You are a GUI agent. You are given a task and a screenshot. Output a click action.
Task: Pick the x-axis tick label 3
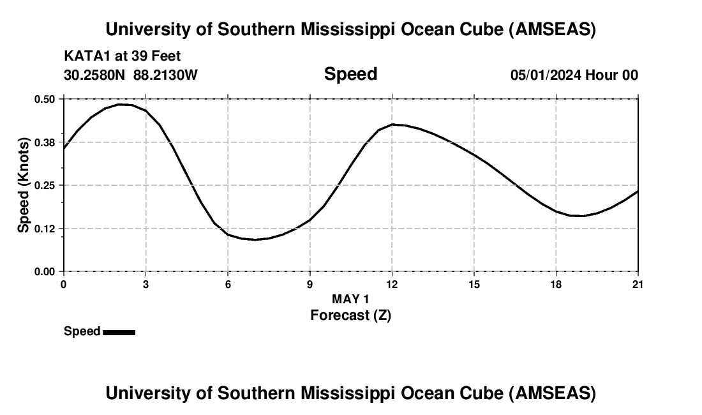tap(146, 283)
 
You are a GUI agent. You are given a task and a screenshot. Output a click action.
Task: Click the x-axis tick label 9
tap(310, 283)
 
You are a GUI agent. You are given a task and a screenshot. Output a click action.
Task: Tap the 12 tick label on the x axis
tap(392, 283)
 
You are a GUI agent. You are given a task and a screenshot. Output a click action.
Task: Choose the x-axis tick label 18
tap(556, 283)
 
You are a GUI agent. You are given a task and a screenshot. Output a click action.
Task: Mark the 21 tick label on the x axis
tap(638, 283)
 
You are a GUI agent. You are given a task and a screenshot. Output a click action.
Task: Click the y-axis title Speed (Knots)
tap(24, 185)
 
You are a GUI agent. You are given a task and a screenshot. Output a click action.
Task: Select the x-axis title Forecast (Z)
tap(350, 315)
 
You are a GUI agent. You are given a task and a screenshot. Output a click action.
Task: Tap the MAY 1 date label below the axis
tap(350, 299)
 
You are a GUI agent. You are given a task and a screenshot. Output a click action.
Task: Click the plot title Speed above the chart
tap(350, 74)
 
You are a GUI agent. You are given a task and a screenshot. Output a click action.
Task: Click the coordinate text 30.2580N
tap(96, 75)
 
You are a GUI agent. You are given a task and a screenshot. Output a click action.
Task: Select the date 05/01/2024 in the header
tap(546, 75)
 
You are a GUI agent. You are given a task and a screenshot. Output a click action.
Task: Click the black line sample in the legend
tap(119, 332)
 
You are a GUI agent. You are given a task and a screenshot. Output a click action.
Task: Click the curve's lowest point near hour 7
tap(255, 239)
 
